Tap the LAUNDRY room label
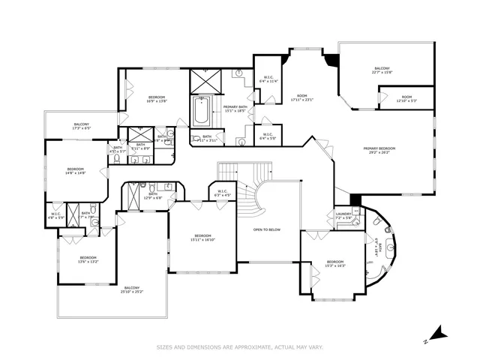(344, 215)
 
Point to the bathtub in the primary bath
(202, 112)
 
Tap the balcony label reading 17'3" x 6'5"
(81, 126)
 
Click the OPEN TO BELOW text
(267, 229)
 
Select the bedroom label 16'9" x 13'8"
(156, 98)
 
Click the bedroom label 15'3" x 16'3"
(335, 263)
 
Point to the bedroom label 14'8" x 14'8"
(76, 171)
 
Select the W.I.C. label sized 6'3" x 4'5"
(223, 192)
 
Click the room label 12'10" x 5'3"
(406, 98)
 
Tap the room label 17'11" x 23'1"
(301, 98)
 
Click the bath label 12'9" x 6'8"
(153, 196)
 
